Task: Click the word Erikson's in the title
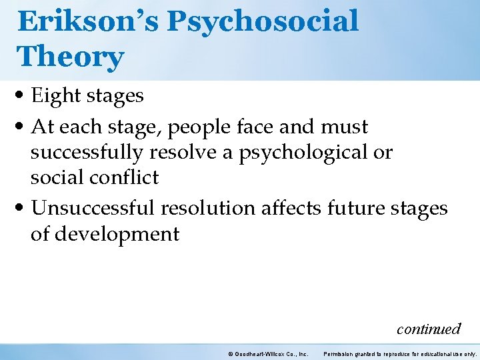click(89, 21)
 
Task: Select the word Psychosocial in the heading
click(263, 21)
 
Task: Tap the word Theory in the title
click(71, 57)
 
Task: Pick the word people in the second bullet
click(220, 127)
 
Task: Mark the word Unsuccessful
click(93, 209)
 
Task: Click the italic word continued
click(428, 329)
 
